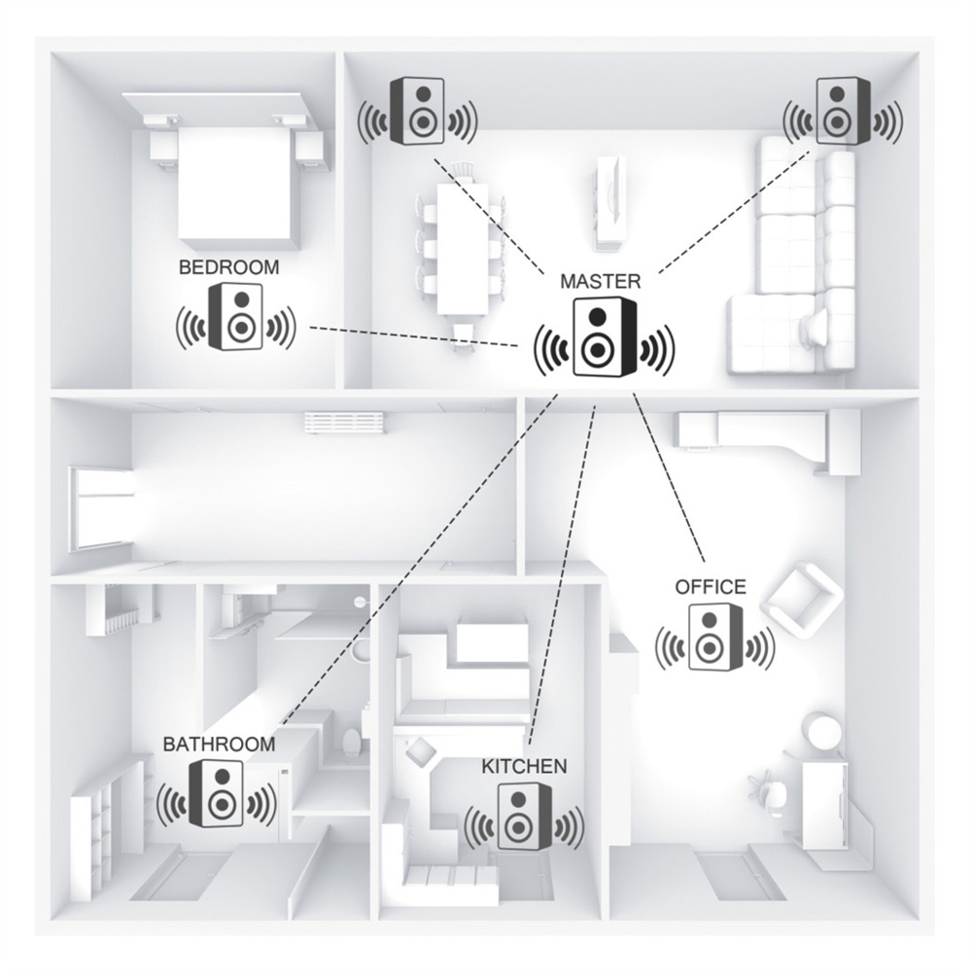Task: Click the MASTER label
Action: point(600,282)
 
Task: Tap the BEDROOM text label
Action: point(228,268)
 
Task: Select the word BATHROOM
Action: point(219,744)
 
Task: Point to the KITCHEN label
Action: point(524,766)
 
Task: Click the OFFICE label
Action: point(711,586)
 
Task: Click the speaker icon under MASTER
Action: point(605,336)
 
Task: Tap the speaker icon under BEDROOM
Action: point(236,316)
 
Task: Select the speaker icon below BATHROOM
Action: point(217,794)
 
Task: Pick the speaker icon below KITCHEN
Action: point(524,816)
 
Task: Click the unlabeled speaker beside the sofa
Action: point(843,111)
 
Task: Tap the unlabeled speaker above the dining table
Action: point(418,111)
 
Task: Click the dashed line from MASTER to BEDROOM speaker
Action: point(415,336)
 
